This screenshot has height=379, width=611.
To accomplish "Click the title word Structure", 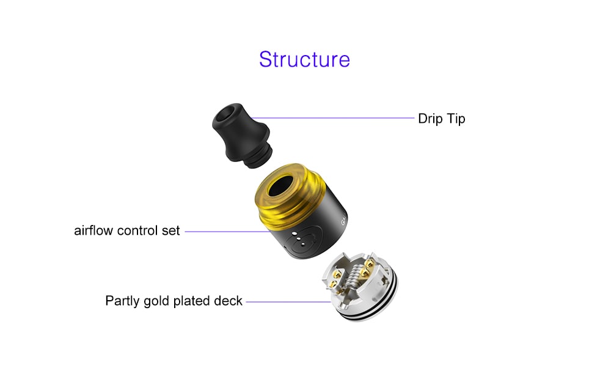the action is [304, 59].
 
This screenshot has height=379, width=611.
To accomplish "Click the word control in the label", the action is [139, 231].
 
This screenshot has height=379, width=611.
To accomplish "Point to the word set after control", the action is [172, 231].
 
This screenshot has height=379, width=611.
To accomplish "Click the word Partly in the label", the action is [123, 301].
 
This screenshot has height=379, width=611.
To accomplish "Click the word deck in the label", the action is [229, 301].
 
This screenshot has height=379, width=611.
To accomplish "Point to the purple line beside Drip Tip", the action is [333, 118].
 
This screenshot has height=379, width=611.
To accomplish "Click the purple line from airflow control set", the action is [226, 232].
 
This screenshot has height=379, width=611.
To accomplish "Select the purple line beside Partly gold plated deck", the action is [287, 301].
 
